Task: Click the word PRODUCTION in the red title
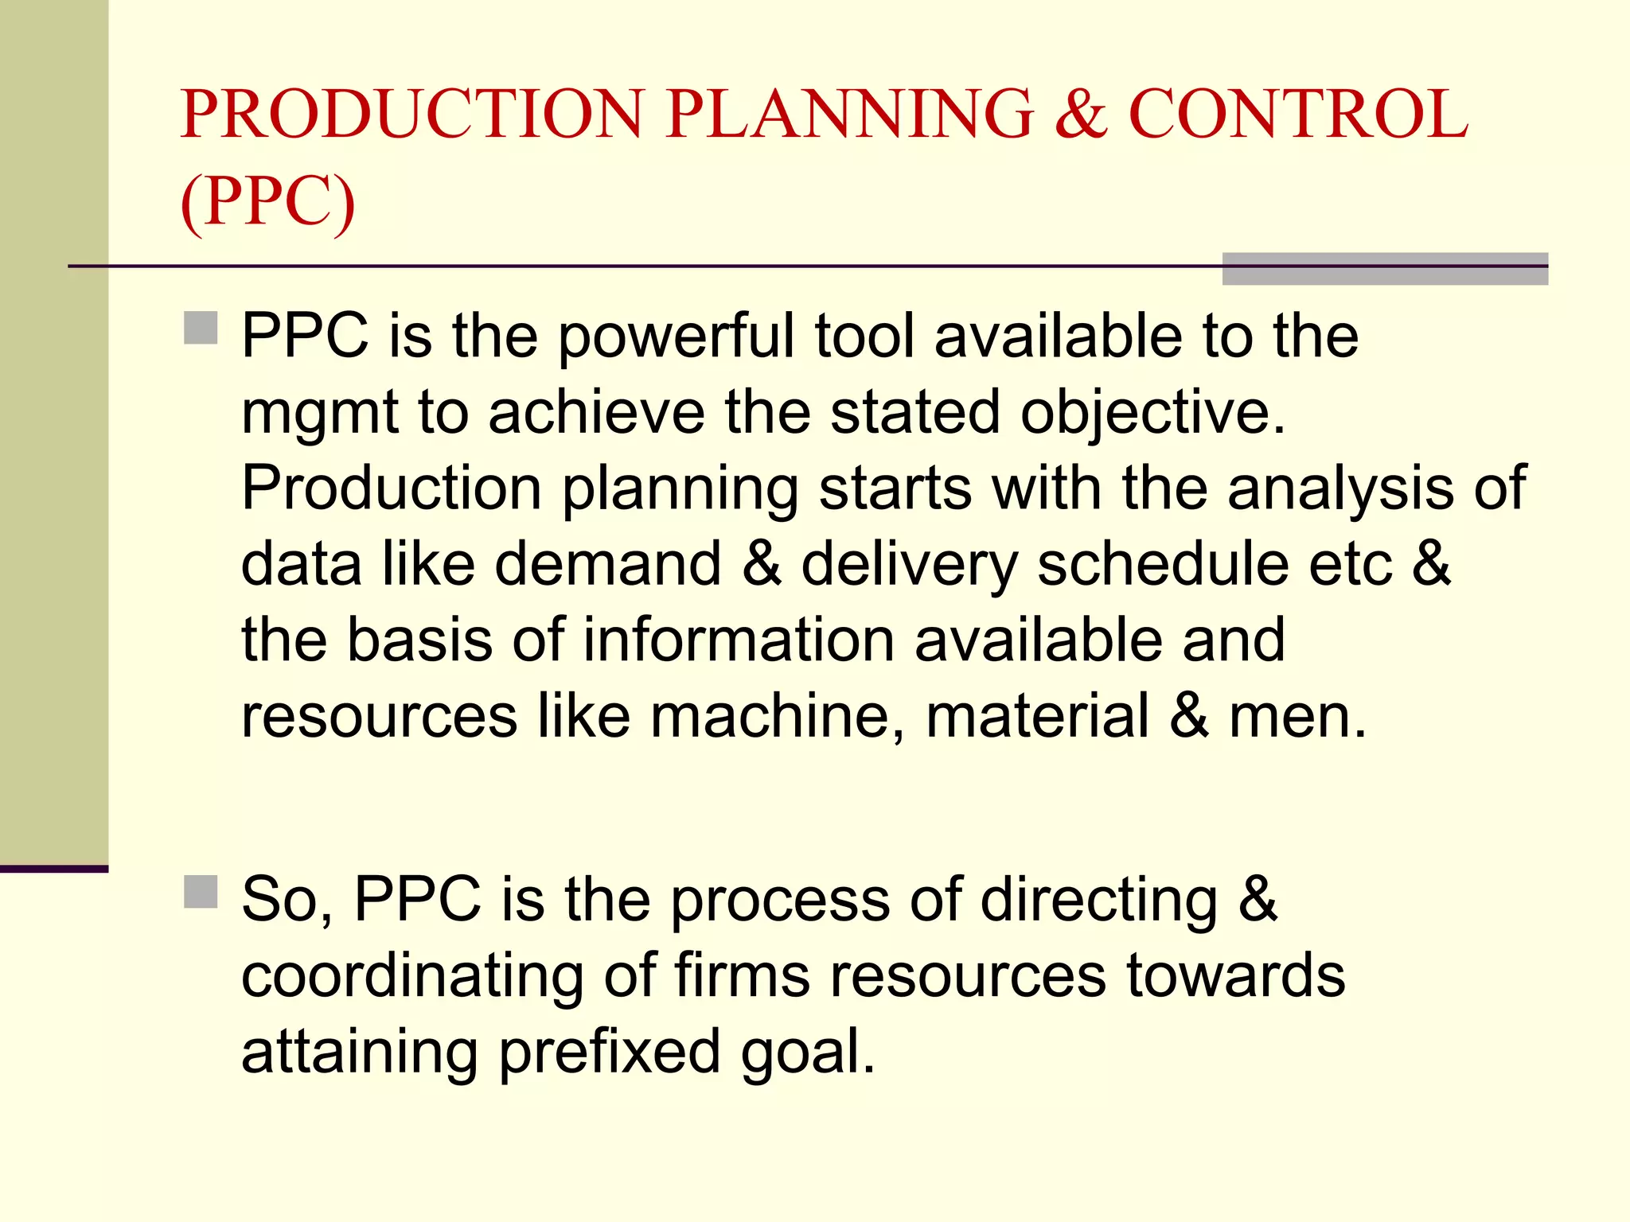411,115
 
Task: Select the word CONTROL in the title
1298,115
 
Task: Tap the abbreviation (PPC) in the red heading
267,202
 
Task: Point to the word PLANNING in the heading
849,115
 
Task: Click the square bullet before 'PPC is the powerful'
201,328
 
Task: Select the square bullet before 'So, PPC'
201,892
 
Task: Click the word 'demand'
608,564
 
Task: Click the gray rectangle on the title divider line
1384,268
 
